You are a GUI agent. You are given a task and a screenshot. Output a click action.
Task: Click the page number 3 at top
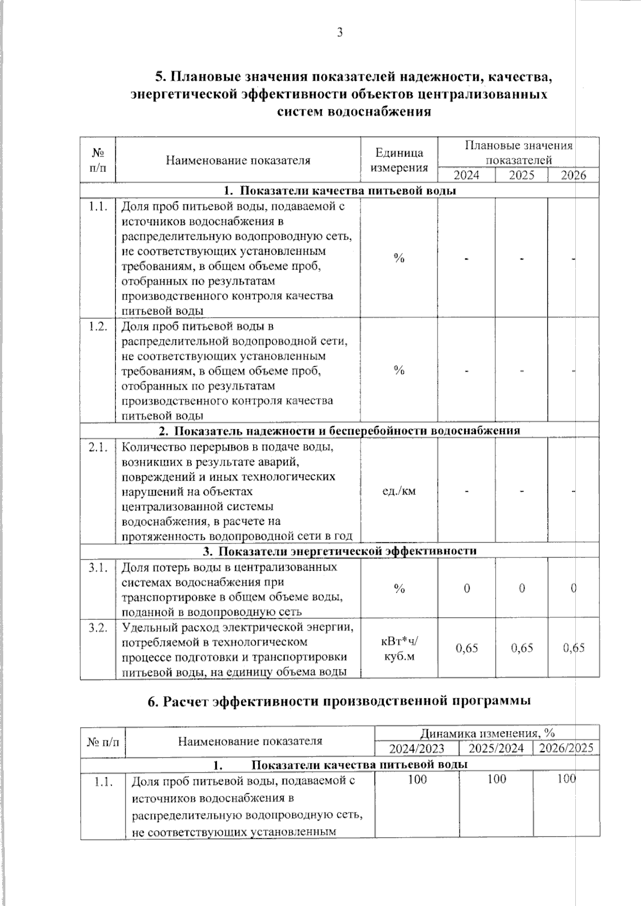pyautogui.click(x=340, y=33)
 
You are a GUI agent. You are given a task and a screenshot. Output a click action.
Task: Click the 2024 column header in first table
pyautogui.click(x=466, y=176)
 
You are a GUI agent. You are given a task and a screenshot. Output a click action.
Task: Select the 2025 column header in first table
pyautogui.click(x=521, y=176)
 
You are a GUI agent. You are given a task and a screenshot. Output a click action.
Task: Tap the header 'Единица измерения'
pyautogui.click(x=399, y=160)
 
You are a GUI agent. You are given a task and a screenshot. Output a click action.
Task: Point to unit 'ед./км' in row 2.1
pyautogui.click(x=399, y=491)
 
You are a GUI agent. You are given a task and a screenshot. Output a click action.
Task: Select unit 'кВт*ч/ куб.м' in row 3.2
pyautogui.click(x=399, y=649)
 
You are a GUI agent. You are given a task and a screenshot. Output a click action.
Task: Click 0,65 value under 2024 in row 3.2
pyautogui.click(x=466, y=648)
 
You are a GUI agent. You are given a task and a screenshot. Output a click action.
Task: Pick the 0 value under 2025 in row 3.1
pyautogui.click(x=521, y=588)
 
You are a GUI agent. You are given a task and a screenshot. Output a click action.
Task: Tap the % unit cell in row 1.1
pyautogui.click(x=399, y=258)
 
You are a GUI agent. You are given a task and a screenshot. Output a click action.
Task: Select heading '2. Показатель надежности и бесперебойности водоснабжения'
pyautogui.click(x=340, y=430)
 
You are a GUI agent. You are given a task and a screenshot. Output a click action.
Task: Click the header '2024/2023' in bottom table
pyautogui.click(x=417, y=749)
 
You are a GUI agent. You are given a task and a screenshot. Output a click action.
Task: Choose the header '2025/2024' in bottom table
pyautogui.click(x=496, y=749)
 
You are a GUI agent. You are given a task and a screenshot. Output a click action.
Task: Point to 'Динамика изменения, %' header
pyautogui.click(x=487, y=733)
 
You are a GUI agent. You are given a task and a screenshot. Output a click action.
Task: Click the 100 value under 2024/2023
pyautogui.click(x=417, y=779)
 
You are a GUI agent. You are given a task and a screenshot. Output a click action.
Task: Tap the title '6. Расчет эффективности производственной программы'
pyautogui.click(x=339, y=701)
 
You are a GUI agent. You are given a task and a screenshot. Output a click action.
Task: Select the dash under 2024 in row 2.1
pyautogui.click(x=466, y=491)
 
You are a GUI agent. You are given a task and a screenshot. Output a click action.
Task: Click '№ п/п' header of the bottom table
pyautogui.click(x=103, y=741)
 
